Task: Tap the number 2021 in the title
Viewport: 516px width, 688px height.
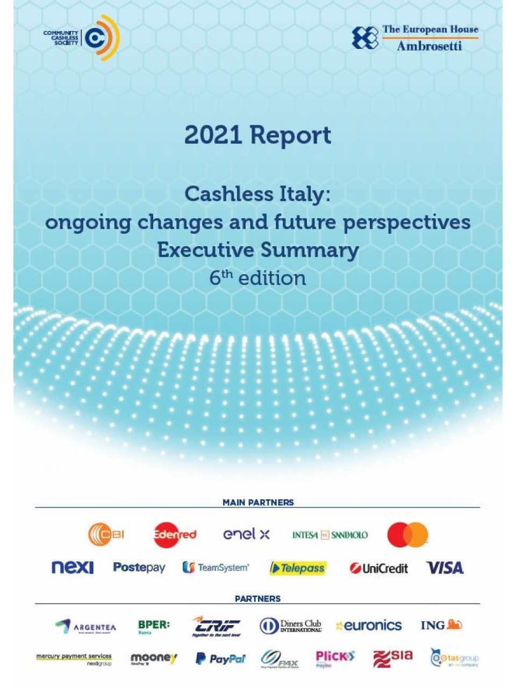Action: pos(213,135)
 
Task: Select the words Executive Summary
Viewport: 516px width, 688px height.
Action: pos(257,250)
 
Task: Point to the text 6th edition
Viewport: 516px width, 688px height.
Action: pos(257,278)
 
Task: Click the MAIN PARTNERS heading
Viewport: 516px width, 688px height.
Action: pos(258,502)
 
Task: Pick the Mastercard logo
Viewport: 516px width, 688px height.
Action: pos(407,535)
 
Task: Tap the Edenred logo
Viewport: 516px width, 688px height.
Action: pos(175,535)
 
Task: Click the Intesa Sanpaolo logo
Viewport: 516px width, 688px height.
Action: pos(330,535)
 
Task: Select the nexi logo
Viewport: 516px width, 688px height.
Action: pos(73,568)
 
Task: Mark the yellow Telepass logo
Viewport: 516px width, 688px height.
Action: pos(298,568)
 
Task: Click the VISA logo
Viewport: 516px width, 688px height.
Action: pos(445,568)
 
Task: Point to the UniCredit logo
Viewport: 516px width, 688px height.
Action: pos(378,568)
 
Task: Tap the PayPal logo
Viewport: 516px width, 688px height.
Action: pos(220,658)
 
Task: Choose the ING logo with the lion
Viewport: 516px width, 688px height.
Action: pos(441,625)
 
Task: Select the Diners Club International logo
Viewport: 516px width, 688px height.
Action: pos(290,626)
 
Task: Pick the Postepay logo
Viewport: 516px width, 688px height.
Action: pos(139,568)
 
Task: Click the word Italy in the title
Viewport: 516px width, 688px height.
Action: pos(302,194)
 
